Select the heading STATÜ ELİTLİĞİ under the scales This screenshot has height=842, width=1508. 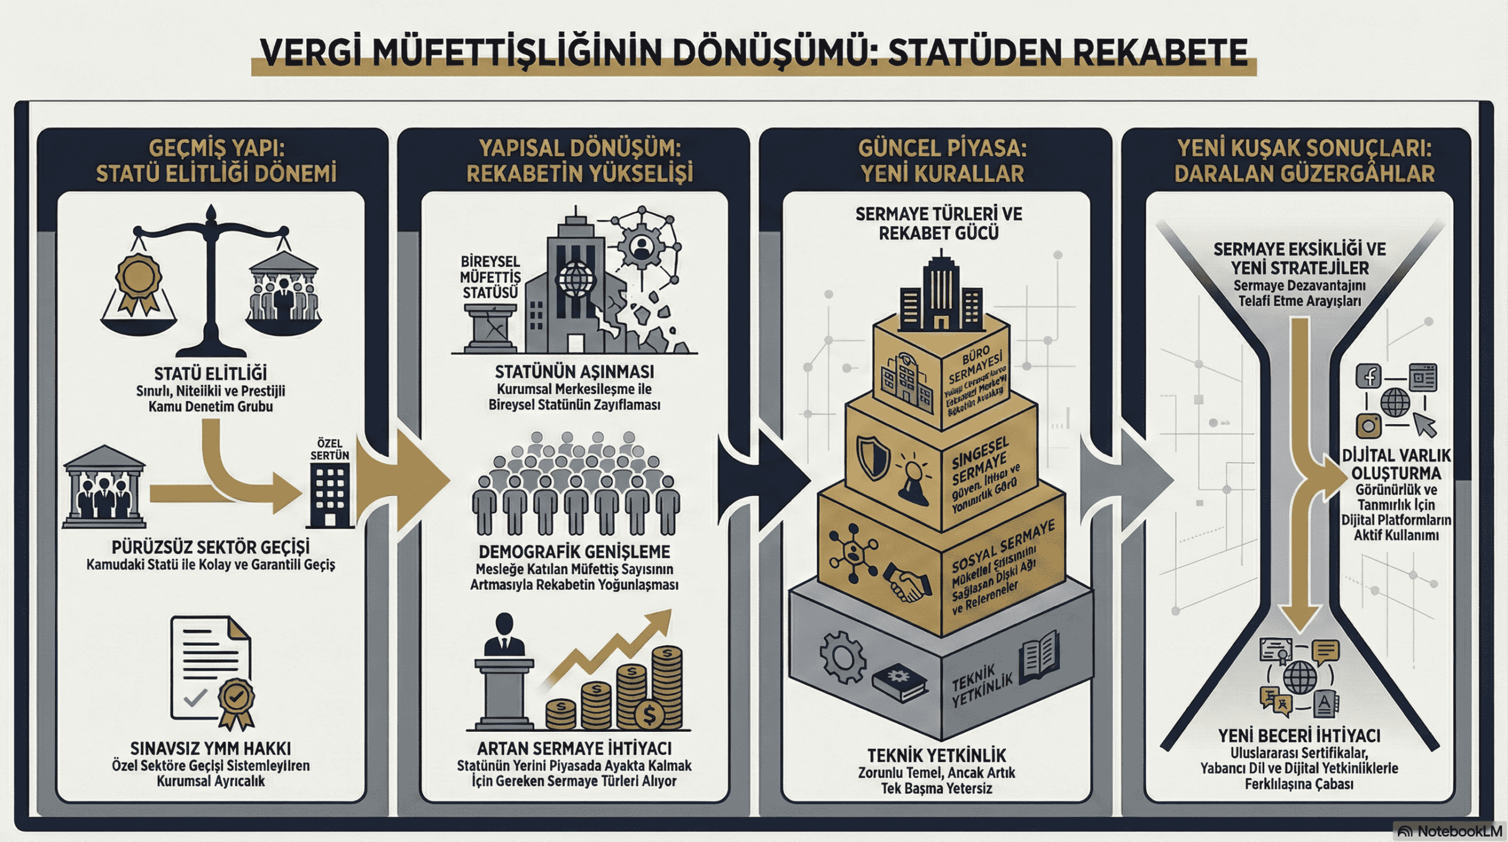(210, 374)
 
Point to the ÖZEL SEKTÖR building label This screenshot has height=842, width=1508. (330, 449)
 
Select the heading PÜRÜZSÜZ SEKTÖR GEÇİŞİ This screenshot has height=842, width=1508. (210, 547)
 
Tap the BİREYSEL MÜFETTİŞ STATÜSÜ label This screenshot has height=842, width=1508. (490, 277)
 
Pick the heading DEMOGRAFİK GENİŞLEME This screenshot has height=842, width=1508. (574, 552)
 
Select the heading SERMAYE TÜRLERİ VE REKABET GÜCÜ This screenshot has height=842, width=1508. (938, 223)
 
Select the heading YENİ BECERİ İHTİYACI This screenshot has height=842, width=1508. (1299, 736)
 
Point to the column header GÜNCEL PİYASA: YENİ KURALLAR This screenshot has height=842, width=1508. (942, 161)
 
